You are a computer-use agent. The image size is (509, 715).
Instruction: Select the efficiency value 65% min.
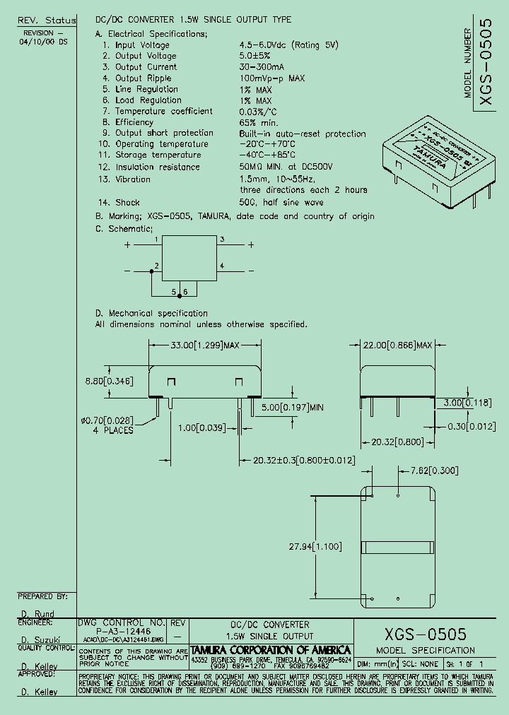[259, 122]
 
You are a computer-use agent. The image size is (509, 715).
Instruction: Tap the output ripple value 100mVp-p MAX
[271, 78]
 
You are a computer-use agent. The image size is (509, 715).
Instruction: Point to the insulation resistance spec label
[158, 167]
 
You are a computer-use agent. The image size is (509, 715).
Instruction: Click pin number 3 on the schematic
[222, 240]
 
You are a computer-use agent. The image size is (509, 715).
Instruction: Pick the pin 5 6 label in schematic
[180, 292]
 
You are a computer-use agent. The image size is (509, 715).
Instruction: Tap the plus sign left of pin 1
[127, 245]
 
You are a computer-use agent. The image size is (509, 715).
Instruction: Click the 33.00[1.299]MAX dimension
[206, 345]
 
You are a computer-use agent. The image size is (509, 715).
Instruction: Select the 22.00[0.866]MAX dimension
[397, 345]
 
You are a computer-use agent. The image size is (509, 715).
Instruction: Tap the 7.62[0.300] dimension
[434, 471]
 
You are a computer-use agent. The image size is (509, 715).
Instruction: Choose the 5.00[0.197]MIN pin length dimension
[291, 408]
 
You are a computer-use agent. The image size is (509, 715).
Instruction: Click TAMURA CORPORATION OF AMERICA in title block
[271, 649]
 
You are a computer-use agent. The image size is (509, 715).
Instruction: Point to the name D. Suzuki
[35, 639]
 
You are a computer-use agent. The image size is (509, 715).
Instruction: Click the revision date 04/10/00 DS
[44, 42]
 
